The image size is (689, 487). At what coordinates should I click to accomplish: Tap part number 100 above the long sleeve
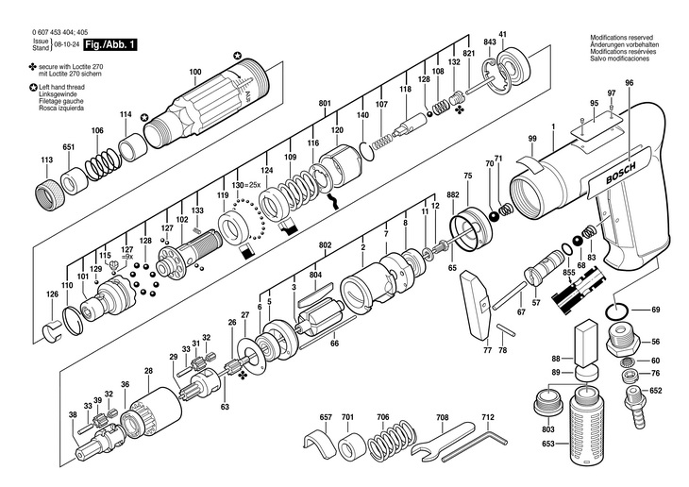[195, 72]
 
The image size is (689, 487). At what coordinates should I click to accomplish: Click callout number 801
[325, 102]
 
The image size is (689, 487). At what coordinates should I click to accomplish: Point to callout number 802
[325, 245]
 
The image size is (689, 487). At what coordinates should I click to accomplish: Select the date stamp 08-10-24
[66, 45]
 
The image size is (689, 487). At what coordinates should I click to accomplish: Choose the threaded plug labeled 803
[548, 408]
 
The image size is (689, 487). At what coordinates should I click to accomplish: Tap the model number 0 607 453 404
[56, 31]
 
